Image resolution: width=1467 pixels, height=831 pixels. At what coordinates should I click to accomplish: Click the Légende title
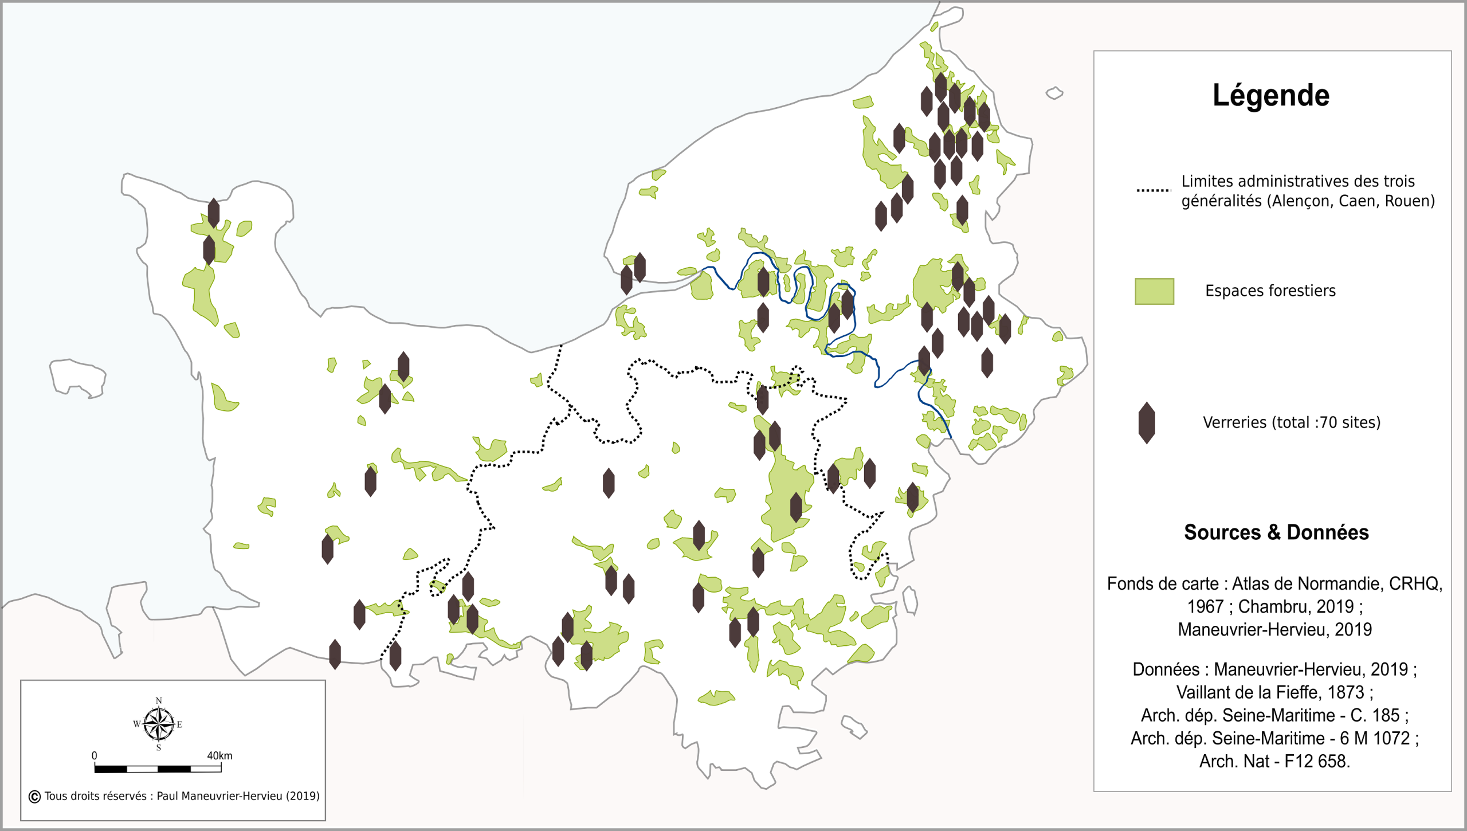coord(1270,96)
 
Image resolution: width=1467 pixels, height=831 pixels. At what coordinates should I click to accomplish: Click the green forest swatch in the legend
coord(1154,291)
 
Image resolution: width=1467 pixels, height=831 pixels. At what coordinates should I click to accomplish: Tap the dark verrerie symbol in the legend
coord(1146,423)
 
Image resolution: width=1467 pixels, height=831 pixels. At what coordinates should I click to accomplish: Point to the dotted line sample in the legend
coord(1153,190)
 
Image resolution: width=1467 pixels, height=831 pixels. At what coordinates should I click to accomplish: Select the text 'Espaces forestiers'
coord(1270,291)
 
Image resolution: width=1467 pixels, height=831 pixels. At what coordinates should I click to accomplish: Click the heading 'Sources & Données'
coord(1276,532)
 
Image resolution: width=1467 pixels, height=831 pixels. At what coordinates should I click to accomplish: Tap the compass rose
coord(159,724)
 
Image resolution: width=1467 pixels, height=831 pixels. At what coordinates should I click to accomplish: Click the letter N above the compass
coord(159,700)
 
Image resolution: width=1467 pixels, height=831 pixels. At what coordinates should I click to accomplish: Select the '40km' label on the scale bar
coord(219,756)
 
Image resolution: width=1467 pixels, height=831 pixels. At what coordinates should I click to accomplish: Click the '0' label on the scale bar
coord(95,756)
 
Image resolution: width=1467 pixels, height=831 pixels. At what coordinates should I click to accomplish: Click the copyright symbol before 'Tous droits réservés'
coord(34,797)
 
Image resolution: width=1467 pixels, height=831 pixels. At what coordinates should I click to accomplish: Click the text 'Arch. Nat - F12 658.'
coord(1274,761)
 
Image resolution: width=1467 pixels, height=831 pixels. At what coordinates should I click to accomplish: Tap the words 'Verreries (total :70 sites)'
coord(1291,423)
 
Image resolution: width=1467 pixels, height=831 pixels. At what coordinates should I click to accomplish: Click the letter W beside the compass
coord(136,724)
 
